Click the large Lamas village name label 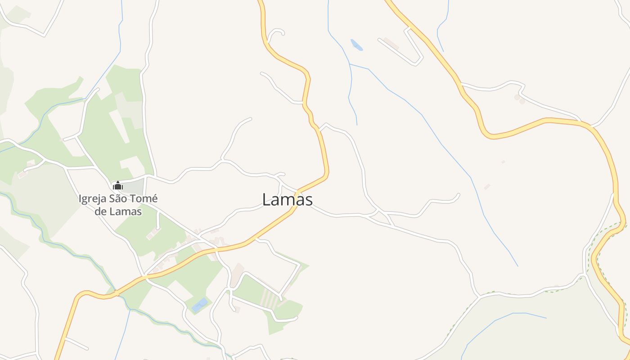pyautogui.click(x=287, y=200)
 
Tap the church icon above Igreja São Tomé pyautogui.click(x=118, y=185)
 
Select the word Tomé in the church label pyautogui.click(x=145, y=199)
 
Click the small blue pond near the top pyautogui.click(x=356, y=45)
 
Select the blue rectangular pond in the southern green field pyautogui.click(x=200, y=305)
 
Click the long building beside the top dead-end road pyautogui.click(x=391, y=44)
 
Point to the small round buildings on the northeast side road pyautogui.click(x=519, y=99)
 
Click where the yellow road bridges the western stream pyautogui.click(x=117, y=293)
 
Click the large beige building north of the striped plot pyautogui.click(x=237, y=274)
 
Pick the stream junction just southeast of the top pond pyautogui.click(x=350, y=64)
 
